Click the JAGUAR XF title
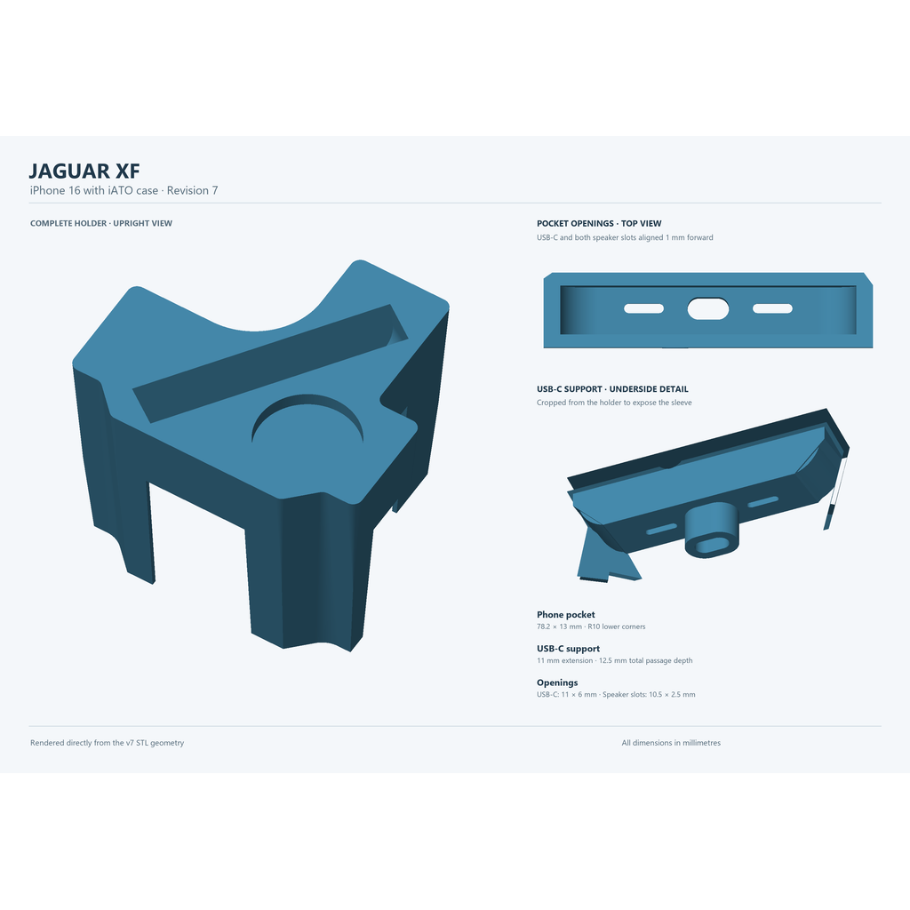pyautogui.click(x=84, y=171)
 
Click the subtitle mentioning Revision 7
pyautogui.click(x=124, y=190)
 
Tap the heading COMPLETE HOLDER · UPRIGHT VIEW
pyautogui.click(x=101, y=223)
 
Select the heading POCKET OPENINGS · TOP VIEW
pyautogui.click(x=599, y=223)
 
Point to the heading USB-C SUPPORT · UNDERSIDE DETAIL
pyautogui.click(x=612, y=389)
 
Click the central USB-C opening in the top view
pyautogui.click(x=708, y=308)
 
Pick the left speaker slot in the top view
pyautogui.click(x=643, y=308)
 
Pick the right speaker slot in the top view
pyautogui.click(x=772, y=308)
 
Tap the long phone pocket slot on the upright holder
pyautogui.click(x=270, y=363)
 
